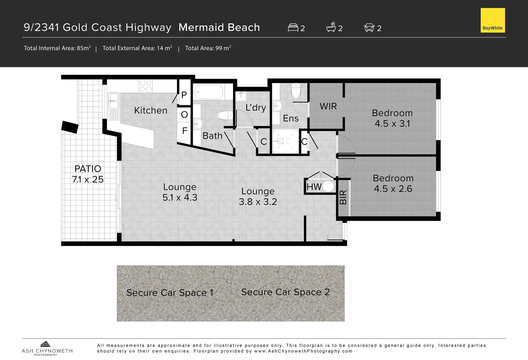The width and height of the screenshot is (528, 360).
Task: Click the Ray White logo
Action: pos(493,20)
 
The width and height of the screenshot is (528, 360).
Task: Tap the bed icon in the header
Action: pos(293,28)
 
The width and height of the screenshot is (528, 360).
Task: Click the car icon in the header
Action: pos(369,27)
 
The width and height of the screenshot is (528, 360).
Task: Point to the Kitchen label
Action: pos(151,110)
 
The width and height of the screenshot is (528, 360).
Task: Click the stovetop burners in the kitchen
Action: pos(145,86)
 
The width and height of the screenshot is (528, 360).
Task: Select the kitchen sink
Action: pos(113,101)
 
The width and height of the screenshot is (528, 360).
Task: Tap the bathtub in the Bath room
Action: pos(208,92)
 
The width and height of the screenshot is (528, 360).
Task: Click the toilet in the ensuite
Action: pos(296,91)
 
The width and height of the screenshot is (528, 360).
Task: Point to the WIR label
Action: pos(328,106)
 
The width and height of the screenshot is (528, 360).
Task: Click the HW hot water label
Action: pos(314,187)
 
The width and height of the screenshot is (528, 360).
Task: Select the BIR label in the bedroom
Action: pos(343,197)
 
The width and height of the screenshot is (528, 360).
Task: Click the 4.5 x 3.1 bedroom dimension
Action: pos(392,124)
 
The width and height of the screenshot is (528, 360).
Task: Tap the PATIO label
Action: pos(88,169)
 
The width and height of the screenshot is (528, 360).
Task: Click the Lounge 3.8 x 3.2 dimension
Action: pos(258,202)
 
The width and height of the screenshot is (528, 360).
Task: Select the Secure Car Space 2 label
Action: pos(286,292)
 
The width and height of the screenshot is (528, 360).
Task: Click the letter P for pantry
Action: pos(184,95)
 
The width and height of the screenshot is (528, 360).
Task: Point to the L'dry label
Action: pos(256,107)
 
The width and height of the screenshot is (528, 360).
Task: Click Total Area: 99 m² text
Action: pos(208,48)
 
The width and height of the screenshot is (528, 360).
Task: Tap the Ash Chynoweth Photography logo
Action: pos(47,348)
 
